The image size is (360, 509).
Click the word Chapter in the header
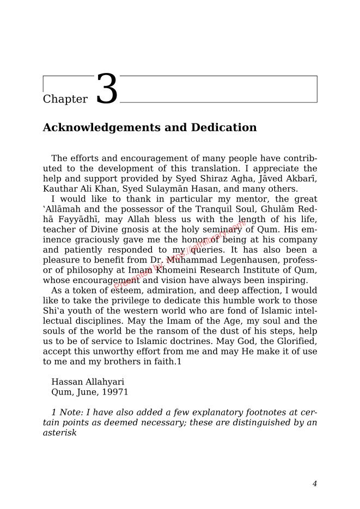(x=65, y=99)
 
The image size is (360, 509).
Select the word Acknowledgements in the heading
(x=107, y=128)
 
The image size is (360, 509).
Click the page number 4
(x=314, y=483)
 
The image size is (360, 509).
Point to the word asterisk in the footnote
(x=60, y=433)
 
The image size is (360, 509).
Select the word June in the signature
(x=84, y=392)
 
